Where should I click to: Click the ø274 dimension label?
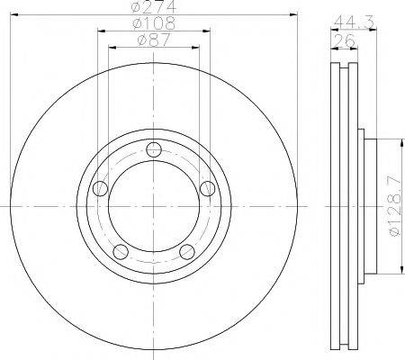[153, 7]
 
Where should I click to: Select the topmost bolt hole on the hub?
[154, 149]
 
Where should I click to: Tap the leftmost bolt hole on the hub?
[101, 187]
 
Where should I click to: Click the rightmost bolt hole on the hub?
[207, 187]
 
